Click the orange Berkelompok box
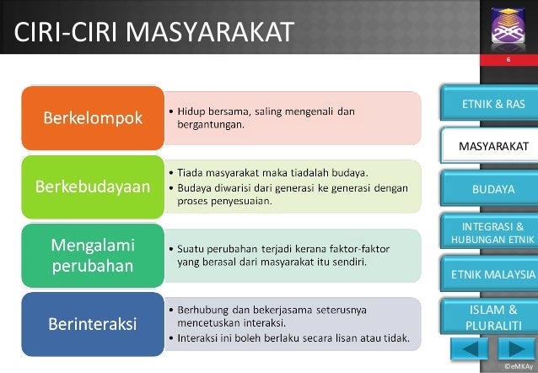[x=93, y=118]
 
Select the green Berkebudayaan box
[x=93, y=186]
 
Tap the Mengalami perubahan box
[x=93, y=256]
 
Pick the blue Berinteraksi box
[x=93, y=324]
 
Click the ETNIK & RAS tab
[x=489, y=104]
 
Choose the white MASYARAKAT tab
[x=489, y=146]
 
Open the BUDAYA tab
[x=489, y=188]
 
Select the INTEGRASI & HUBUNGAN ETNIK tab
[x=489, y=231]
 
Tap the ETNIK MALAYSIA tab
[x=489, y=274]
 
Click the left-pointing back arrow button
[x=470, y=349]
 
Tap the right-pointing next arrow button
[x=516, y=349]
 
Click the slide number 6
[x=508, y=59]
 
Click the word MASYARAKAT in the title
[x=210, y=31]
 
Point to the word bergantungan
[x=211, y=125]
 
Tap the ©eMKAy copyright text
[x=519, y=366]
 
